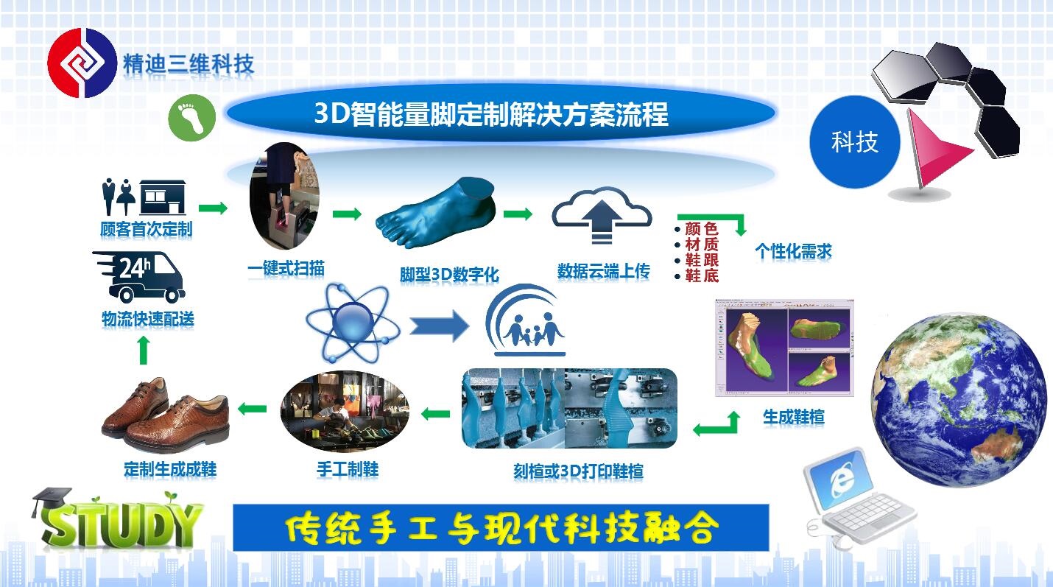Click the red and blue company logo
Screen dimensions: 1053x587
[x=82, y=63]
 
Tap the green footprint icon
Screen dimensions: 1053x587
[x=191, y=117]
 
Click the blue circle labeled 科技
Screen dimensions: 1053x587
[x=855, y=141]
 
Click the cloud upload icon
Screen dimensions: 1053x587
[x=602, y=215]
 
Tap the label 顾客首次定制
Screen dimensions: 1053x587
[x=147, y=229]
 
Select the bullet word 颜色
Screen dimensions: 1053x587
[x=701, y=228]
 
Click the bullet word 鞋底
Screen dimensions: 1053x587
[x=701, y=275]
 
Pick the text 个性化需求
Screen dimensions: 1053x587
[x=794, y=250]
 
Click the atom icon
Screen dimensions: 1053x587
[x=353, y=323]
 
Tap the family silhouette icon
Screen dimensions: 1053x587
[x=526, y=320]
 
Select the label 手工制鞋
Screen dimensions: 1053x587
[x=348, y=469]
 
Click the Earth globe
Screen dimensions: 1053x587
[x=959, y=400]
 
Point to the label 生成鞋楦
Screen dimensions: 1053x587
[x=794, y=417]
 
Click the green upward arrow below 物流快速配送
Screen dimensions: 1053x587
[x=144, y=351]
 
